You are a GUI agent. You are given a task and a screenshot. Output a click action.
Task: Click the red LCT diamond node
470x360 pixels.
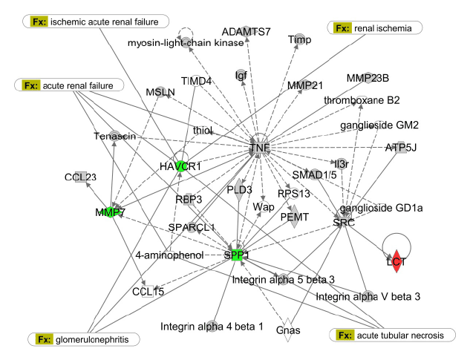(402, 261)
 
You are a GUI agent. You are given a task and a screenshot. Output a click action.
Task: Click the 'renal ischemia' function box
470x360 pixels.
(375, 29)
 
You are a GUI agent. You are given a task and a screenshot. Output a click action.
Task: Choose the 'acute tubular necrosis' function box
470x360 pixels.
(391, 336)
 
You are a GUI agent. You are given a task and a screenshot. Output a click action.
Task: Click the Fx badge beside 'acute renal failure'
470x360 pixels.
(31, 85)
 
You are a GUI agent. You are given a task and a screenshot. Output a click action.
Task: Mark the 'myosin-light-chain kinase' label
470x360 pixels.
(186, 44)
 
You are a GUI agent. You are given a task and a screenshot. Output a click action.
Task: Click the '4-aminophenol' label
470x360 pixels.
(169, 256)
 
